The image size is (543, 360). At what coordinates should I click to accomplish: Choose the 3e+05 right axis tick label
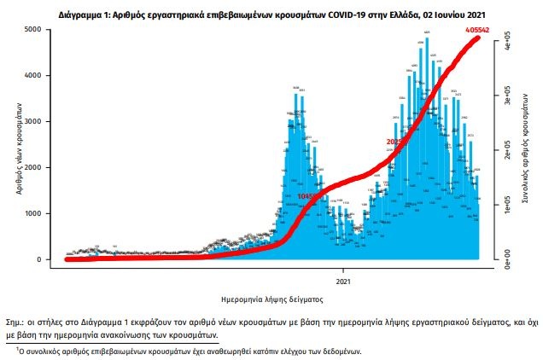(506, 102)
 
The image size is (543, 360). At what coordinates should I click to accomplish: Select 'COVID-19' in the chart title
(321, 15)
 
